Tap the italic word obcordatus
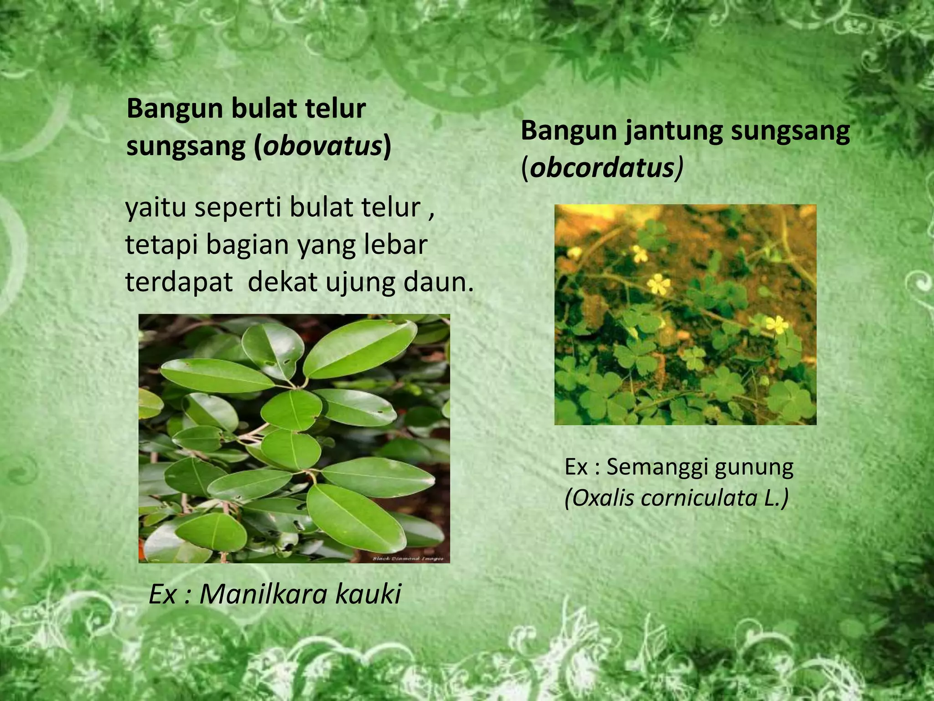point(602,168)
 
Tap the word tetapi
point(162,246)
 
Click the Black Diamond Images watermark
point(409,558)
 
